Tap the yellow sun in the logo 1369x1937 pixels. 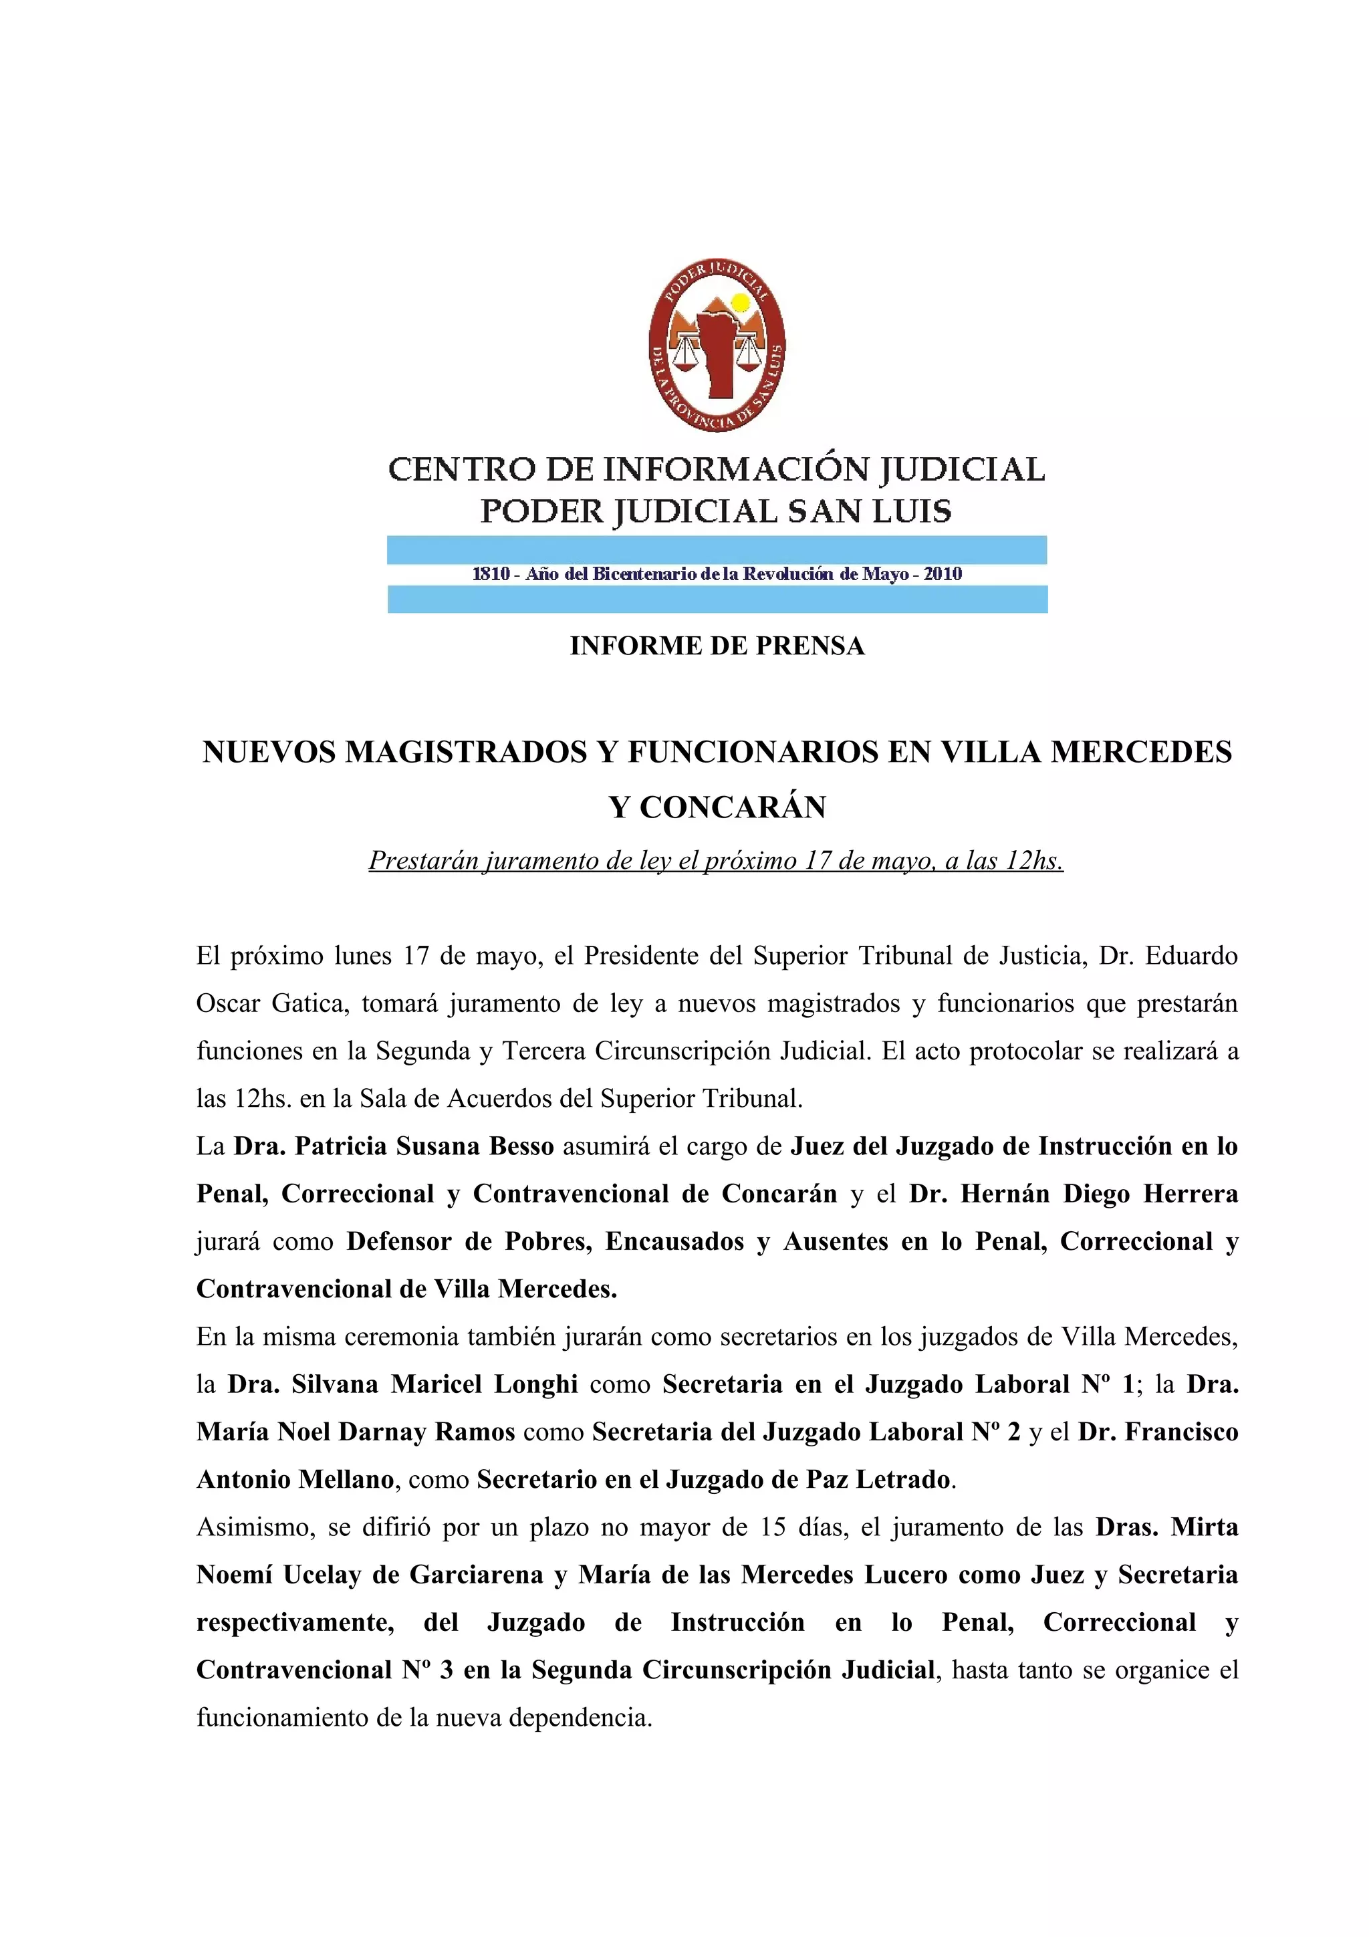(740, 302)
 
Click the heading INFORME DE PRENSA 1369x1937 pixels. (717, 646)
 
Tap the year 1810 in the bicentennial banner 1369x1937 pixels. (491, 575)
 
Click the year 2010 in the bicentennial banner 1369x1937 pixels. (942, 575)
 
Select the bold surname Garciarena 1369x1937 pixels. (476, 1575)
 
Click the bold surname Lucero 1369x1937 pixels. (905, 1575)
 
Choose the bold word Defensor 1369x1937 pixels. (399, 1242)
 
